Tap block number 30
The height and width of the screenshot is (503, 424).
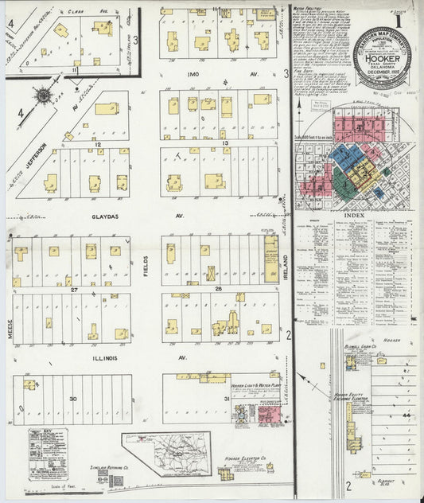[x=72, y=397]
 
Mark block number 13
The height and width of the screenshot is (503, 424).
[x=225, y=143]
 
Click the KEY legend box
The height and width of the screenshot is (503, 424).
[x=48, y=454]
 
